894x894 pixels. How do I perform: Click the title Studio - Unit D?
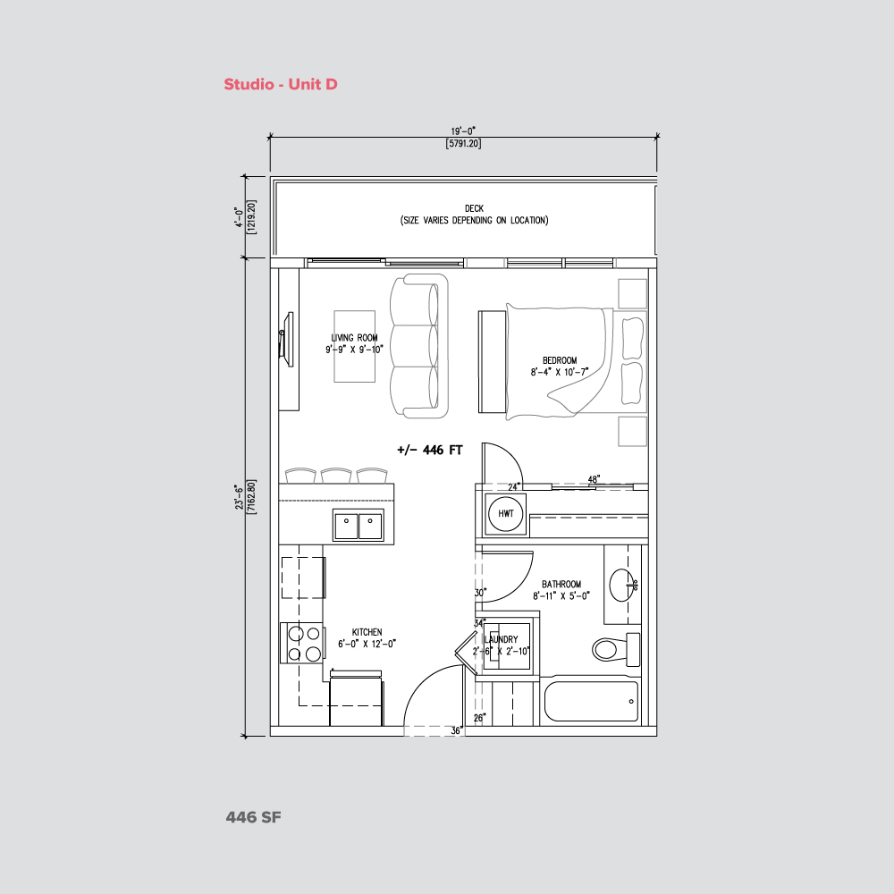pyautogui.click(x=280, y=85)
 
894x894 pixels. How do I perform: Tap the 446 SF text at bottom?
pyautogui.click(x=254, y=817)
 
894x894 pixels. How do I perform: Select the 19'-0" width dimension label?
pyautogui.click(x=465, y=131)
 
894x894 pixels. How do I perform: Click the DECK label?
pyautogui.click(x=474, y=208)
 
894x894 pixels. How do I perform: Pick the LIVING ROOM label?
pyautogui.click(x=354, y=338)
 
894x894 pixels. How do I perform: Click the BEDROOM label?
pyautogui.click(x=560, y=360)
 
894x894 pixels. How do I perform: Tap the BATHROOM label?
pyautogui.click(x=561, y=585)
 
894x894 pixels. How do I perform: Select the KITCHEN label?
pyautogui.click(x=367, y=632)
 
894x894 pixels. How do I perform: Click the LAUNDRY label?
pyautogui.click(x=501, y=640)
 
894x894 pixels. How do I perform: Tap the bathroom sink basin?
pyautogui.click(x=623, y=586)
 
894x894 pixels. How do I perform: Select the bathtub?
pyautogui.click(x=592, y=702)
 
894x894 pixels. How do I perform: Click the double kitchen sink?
pyautogui.click(x=358, y=526)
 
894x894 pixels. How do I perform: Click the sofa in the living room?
pyautogui.click(x=418, y=346)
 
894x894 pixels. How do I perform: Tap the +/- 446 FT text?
pyautogui.click(x=429, y=451)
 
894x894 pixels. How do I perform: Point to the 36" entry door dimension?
pyautogui.click(x=456, y=730)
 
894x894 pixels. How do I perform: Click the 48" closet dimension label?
pyautogui.click(x=593, y=479)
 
